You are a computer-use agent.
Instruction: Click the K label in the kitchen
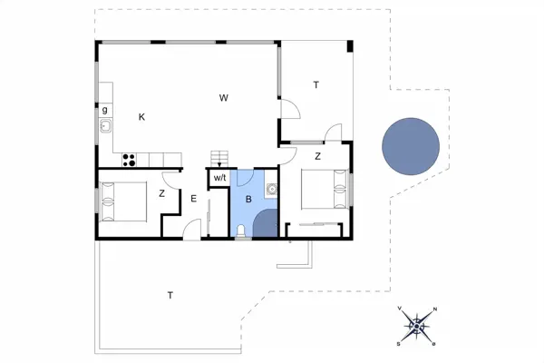coord(141,117)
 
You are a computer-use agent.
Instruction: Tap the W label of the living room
coord(222,97)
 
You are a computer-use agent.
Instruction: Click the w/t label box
coord(219,179)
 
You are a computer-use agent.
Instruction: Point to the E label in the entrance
coord(193,198)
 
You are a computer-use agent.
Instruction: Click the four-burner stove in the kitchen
coord(129,161)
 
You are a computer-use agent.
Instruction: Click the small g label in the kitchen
coord(105,110)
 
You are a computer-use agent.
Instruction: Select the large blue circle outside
coord(411,147)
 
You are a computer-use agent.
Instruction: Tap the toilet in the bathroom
coord(240,232)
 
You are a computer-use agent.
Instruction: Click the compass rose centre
coord(417,325)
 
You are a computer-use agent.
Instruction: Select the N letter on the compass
coord(435,310)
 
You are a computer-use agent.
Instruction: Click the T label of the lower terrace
coord(170,295)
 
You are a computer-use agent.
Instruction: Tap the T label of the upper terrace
coord(316,85)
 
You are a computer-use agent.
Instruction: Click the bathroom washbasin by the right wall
coord(270,189)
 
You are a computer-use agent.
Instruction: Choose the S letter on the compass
coord(399,343)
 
